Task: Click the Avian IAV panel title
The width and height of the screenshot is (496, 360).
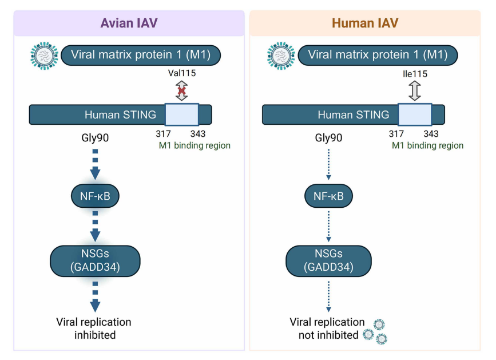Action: [x=129, y=23]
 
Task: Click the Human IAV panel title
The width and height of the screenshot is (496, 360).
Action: [x=364, y=23]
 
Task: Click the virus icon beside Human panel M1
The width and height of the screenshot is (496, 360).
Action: [x=281, y=56]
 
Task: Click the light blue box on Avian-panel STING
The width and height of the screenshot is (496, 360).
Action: [x=182, y=114]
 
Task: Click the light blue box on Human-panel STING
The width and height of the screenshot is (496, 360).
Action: [x=415, y=114]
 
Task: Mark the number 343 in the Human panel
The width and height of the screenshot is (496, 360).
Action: [x=431, y=134]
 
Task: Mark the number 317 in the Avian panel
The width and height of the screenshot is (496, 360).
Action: [x=164, y=134]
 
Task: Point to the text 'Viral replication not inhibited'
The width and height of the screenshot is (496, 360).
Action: [x=327, y=328]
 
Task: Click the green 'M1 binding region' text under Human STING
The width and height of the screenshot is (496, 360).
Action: [x=427, y=145]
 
